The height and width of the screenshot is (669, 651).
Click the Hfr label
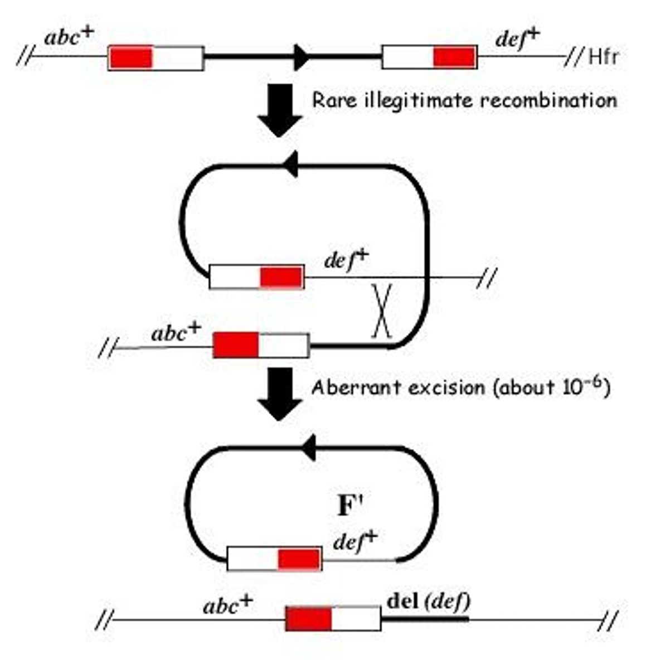pyautogui.click(x=604, y=57)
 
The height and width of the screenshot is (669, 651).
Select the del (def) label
pyautogui.click(x=428, y=602)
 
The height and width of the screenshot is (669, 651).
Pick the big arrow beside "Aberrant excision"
pyautogui.click(x=280, y=393)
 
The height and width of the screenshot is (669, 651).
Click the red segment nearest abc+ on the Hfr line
pyautogui.click(x=131, y=58)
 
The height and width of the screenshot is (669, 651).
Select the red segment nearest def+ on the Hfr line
pyautogui.click(x=455, y=57)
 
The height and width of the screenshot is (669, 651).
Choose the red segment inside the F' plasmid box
pyautogui.click(x=299, y=559)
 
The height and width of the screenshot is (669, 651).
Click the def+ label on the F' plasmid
pyautogui.click(x=355, y=541)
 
